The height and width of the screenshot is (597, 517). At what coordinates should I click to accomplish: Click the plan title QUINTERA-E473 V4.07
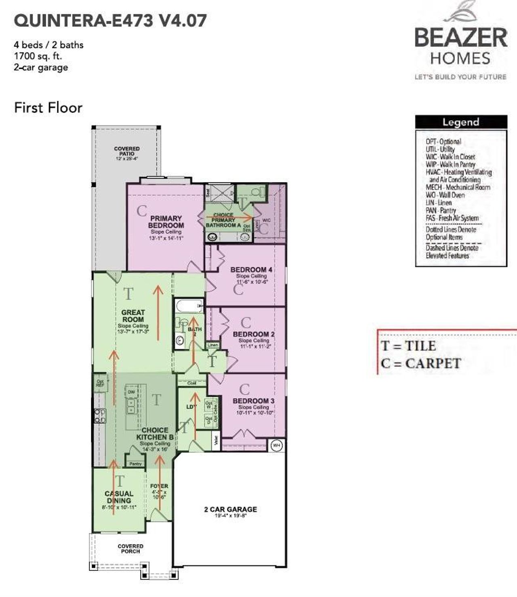coord(110,20)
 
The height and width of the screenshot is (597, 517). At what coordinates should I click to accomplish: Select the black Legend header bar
coord(461,122)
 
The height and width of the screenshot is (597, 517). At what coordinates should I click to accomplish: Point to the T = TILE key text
coord(409,346)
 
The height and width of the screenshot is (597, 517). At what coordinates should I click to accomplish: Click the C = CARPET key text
coord(420,363)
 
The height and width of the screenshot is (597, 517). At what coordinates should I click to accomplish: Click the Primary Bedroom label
coord(166,222)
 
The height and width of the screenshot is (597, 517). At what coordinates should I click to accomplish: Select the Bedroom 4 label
coord(251,269)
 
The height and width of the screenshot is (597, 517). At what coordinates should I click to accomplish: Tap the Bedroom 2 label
coord(254,334)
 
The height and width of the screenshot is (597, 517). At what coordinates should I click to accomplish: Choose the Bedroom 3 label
coord(254,401)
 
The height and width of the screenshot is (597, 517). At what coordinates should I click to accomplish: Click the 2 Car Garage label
coord(230,510)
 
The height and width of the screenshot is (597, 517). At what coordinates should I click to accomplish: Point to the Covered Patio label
coord(127,151)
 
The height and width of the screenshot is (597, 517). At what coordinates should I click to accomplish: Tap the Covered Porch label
coord(130,548)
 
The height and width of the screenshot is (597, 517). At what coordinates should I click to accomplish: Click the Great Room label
coord(133,316)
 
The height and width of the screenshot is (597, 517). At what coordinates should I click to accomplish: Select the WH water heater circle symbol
coord(276,445)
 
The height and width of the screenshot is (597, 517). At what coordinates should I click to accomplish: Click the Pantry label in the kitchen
coord(136,464)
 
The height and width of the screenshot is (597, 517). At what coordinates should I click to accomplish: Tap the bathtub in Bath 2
coord(189,306)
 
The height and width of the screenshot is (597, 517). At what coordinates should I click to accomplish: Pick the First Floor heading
coord(48,108)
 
